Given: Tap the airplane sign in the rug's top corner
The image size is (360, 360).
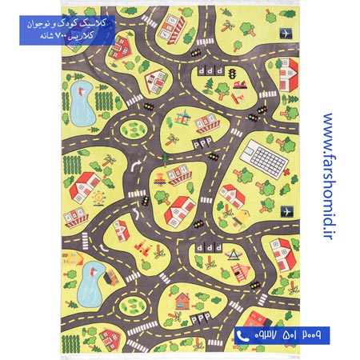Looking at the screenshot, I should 285,34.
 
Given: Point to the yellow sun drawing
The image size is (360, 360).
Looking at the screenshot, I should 98,195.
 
